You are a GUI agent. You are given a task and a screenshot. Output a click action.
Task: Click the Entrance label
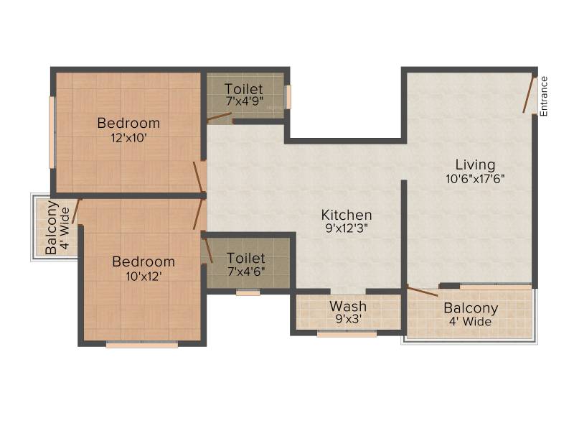coord(544,96)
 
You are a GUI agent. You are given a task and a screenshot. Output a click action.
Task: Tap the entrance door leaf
coord(529,95)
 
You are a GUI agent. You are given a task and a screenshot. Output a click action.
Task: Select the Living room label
coord(475,164)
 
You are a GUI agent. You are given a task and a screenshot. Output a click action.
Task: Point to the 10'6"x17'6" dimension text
coord(475,179)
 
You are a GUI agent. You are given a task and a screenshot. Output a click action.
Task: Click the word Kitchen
coord(347,215)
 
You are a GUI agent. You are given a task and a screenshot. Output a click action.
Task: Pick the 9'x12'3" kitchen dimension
coord(347,228)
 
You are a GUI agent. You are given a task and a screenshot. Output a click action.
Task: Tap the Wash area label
coord(348,306)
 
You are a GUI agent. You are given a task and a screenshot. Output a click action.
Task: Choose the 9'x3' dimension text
coord(348,319)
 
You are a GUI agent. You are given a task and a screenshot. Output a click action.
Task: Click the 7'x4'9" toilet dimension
coord(245,101)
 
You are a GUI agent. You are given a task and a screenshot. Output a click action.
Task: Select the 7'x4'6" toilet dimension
coord(246,272)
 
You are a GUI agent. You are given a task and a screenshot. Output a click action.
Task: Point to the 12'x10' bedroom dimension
coord(129,138)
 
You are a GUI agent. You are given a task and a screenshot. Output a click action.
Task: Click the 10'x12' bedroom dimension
coord(144,276)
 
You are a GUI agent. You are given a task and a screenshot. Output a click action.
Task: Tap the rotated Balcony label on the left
coord(52,227)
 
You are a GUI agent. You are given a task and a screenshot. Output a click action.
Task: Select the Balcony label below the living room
coord(471,308)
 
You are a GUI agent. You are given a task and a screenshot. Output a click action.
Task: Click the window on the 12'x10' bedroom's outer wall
coord(52,132)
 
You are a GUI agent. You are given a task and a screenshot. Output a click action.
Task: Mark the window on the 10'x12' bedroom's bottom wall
coord(142,345)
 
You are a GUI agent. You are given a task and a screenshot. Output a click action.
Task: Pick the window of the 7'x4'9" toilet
coord(288,97)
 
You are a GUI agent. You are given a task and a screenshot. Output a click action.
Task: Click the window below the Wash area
coord(347,334)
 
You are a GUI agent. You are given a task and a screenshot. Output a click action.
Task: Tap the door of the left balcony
coord(76,211)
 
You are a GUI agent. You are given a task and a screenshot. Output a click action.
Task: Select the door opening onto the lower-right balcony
coord(423,292)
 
